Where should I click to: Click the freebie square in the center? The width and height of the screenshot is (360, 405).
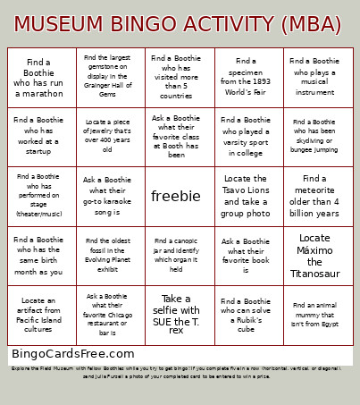176,196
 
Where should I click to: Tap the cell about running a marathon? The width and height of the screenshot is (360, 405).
38,77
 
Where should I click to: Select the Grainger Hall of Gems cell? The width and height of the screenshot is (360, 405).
108,77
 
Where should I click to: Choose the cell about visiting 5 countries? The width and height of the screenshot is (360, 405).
176,77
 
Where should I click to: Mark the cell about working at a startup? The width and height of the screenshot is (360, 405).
38,137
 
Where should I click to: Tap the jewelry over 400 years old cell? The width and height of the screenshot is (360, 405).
108,137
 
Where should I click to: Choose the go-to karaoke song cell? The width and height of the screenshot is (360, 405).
108,196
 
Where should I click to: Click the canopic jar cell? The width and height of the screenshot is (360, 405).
176,256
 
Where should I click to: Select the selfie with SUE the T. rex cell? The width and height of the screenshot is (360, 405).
176,314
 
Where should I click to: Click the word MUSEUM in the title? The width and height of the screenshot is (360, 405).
58,22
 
